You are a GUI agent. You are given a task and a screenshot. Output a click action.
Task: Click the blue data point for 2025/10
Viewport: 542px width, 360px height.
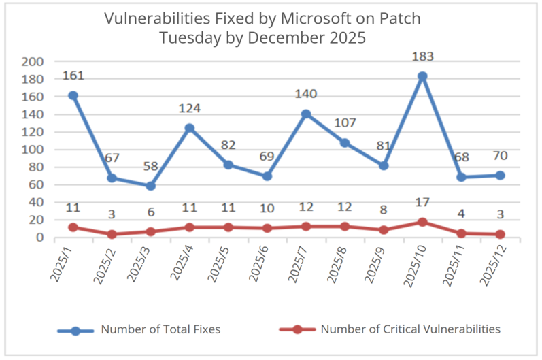422,76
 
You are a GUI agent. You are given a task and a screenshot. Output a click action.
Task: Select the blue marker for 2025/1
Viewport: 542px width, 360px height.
73,95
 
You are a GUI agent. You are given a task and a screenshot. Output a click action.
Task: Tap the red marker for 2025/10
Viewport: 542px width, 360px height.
422,222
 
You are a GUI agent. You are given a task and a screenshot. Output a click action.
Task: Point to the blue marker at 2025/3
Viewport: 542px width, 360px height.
150,186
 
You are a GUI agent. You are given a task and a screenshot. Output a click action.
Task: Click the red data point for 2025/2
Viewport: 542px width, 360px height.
112,234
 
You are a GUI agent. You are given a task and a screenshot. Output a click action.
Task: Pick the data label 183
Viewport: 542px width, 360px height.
422,56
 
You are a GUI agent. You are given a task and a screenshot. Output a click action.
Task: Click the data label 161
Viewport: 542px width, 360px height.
73,75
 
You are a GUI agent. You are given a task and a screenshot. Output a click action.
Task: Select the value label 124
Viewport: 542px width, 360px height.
190,108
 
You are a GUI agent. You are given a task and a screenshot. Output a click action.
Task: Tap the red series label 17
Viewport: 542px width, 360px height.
422,203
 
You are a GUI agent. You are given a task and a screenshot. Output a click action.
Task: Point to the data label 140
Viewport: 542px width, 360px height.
306,94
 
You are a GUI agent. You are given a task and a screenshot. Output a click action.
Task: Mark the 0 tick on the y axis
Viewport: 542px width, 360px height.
40,238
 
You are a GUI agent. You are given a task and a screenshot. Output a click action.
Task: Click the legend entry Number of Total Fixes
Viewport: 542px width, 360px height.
160,329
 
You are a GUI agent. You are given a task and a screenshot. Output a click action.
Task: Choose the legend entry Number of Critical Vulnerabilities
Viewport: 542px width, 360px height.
410,329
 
